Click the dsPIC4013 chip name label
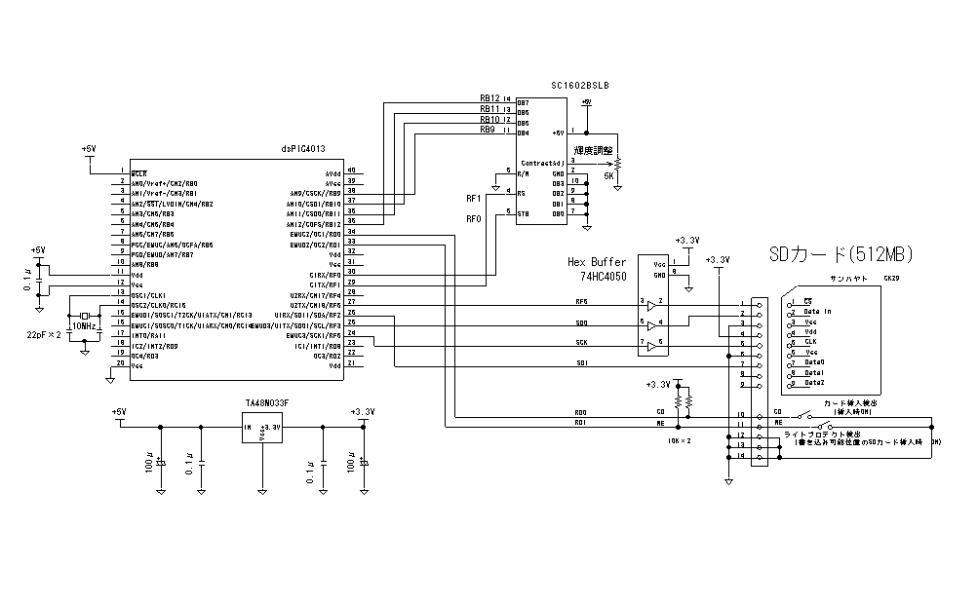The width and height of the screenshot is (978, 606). point(303,149)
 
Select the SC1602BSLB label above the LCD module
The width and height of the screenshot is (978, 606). point(580,86)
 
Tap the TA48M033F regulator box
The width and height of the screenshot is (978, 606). point(262,427)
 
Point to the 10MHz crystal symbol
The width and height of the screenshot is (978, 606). point(86,316)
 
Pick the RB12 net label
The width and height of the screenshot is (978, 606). point(489,98)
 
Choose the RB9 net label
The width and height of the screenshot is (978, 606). point(488,130)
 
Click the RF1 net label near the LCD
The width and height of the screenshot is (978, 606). point(475,199)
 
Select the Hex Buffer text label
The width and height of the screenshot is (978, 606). point(597,262)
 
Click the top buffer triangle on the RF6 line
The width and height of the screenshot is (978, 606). point(649,305)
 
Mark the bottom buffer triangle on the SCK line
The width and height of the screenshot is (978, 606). point(649,345)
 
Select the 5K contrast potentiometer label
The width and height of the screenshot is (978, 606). point(608,176)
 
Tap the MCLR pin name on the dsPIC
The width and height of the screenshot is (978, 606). point(139,172)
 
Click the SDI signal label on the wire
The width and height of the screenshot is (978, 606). point(581,364)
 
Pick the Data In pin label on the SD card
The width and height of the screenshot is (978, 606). point(818,312)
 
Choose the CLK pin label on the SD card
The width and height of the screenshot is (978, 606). point(810,342)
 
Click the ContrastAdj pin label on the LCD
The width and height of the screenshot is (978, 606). point(542,163)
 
